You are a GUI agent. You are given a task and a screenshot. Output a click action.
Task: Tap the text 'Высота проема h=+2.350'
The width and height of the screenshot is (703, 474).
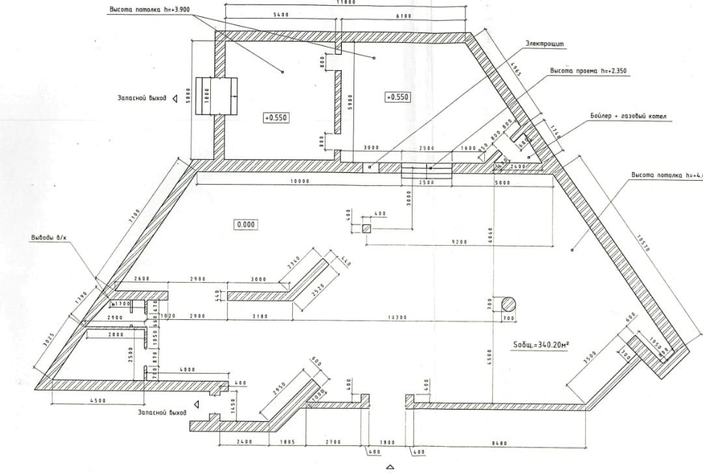[x=588, y=70]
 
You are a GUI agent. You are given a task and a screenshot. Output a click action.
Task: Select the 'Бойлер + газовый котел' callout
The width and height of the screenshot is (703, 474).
[x=628, y=116]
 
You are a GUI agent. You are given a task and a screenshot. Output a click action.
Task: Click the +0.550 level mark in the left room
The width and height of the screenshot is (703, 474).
[x=276, y=118]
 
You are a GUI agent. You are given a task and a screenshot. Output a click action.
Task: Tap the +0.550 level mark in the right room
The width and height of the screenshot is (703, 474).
[x=397, y=97]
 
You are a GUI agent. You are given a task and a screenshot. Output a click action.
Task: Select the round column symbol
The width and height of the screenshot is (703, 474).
[x=508, y=304]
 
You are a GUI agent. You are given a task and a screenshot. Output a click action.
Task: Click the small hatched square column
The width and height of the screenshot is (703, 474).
[x=367, y=228]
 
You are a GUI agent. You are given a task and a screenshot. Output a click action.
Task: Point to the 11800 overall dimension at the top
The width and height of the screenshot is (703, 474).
[x=346, y=3]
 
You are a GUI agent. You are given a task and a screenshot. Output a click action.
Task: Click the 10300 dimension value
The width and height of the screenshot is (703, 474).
[x=396, y=317]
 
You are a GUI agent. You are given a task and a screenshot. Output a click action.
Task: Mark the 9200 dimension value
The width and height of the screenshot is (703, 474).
[x=460, y=242]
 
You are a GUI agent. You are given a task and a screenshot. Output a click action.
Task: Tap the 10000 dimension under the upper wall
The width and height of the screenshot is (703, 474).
[x=299, y=181]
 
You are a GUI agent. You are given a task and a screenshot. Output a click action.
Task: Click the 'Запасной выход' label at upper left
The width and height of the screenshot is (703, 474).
[x=141, y=98]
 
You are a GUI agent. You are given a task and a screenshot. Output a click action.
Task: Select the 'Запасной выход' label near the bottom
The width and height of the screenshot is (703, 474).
[x=162, y=412]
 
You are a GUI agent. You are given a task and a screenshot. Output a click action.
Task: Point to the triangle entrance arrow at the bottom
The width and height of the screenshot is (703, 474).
[x=390, y=466]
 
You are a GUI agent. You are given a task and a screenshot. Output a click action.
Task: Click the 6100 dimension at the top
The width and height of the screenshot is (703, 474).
[x=403, y=16]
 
